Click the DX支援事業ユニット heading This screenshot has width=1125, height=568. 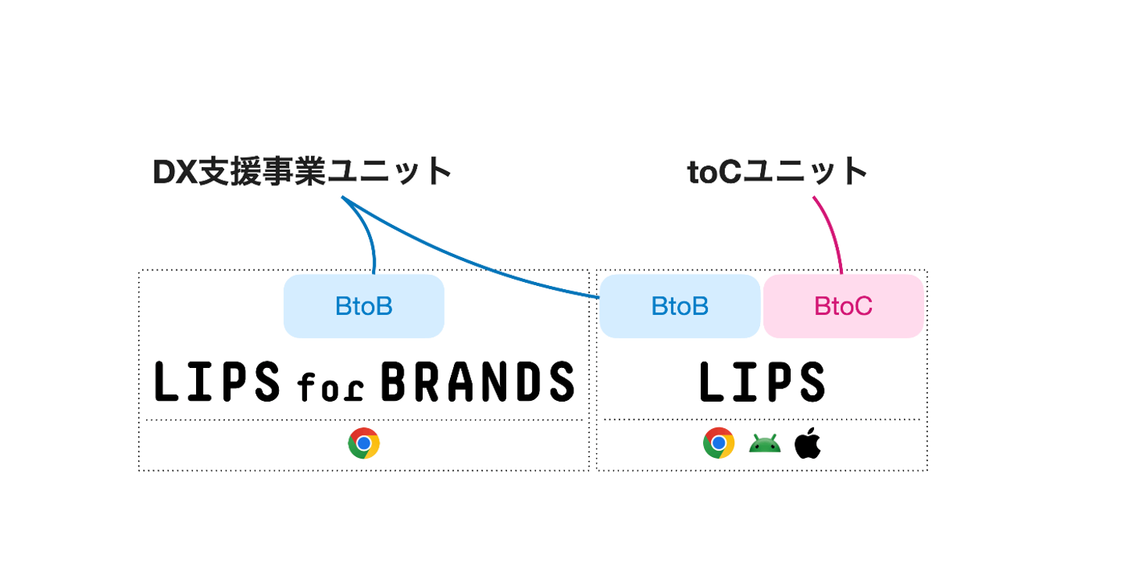pyautogui.click(x=302, y=172)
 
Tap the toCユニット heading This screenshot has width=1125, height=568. pyautogui.click(x=778, y=172)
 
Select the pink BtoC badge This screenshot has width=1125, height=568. pyautogui.click(x=843, y=306)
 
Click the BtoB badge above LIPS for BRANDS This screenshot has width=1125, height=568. pyautogui.click(x=363, y=306)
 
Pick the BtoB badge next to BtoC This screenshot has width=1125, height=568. pyautogui.click(x=680, y=306)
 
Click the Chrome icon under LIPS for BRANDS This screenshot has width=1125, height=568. pyautogui.click(x=364, y=444)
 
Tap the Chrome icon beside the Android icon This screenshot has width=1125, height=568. pyautogui.click(x=718, y=444)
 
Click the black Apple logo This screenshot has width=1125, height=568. pyautogui.click(x=807, y=444)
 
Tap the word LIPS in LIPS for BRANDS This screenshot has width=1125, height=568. pyautogui.click(x=217, y=382)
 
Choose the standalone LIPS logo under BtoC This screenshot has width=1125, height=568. pyautogui.click(x=762, y=382)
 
